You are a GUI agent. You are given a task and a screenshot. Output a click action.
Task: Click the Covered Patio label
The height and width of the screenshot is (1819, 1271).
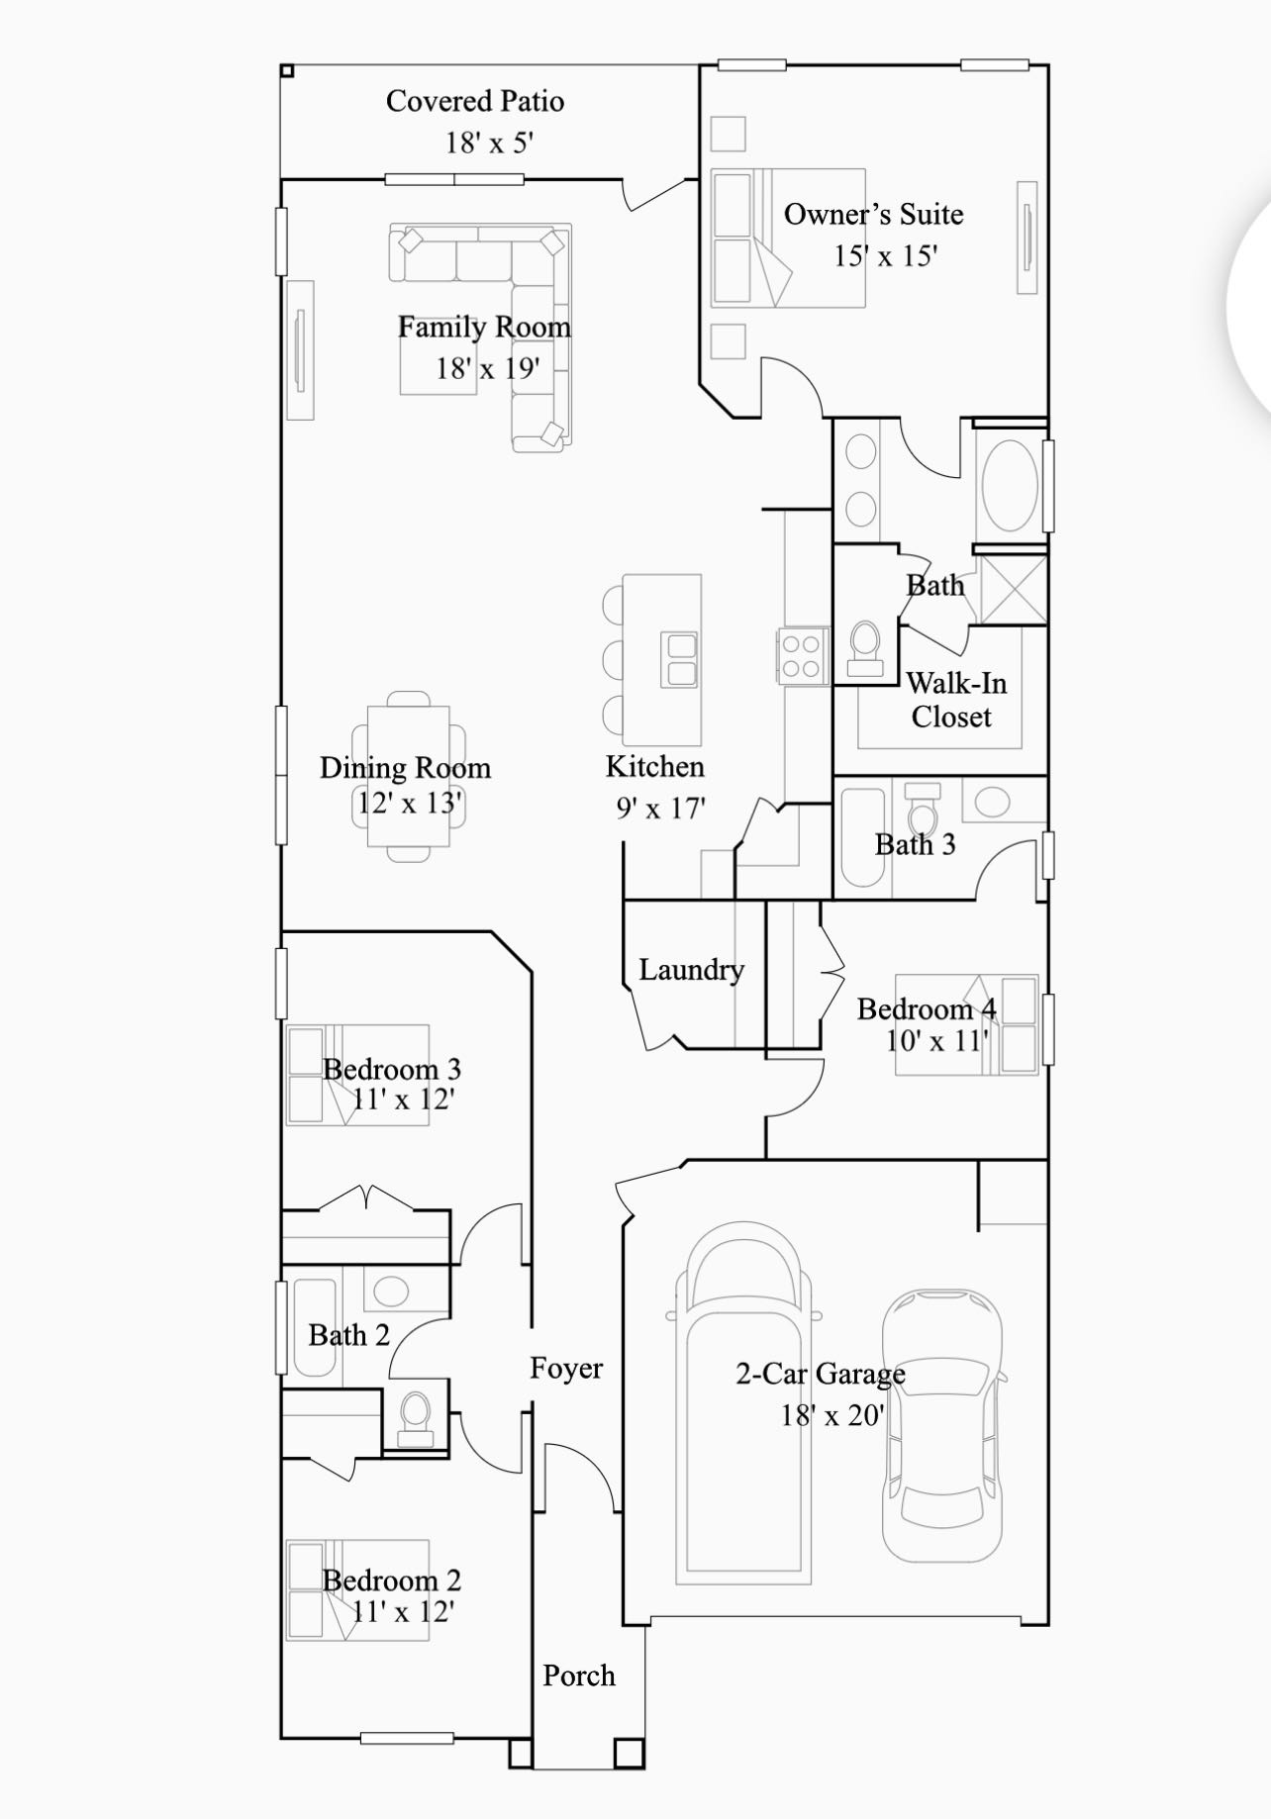(x=475, y=101)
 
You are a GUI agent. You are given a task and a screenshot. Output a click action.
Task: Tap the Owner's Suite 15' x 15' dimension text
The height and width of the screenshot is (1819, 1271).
(x=885, y=256)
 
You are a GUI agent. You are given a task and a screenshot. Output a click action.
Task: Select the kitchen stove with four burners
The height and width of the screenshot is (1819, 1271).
(x=803, y=655)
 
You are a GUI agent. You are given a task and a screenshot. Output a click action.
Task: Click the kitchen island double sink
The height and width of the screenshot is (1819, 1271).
(x=680, y=660)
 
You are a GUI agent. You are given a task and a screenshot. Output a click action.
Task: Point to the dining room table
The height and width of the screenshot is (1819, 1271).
(x=408, y=776)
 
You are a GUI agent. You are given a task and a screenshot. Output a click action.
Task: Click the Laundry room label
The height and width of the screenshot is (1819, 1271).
(x=691, y=970)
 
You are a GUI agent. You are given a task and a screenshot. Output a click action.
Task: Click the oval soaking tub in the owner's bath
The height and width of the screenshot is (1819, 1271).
(x=1009, y=485)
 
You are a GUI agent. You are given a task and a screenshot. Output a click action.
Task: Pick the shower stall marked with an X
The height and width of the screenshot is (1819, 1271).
(x=1013, y=590)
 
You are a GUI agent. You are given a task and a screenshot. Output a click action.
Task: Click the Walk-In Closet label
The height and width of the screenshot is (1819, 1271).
(x=955, y=700)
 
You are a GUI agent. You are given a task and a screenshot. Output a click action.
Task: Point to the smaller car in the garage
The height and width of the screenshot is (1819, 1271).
(x=942, y=1426)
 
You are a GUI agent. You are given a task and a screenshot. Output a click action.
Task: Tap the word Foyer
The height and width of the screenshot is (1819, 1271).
(x=566, y=1369)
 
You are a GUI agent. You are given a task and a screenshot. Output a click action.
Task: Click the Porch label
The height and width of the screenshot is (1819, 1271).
(x=579, y=1675)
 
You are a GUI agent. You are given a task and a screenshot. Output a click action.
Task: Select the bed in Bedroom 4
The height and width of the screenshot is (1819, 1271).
(x=966, y=1025)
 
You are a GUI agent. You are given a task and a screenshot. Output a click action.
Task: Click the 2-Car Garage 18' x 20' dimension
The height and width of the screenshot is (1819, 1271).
(x=831, y=1416)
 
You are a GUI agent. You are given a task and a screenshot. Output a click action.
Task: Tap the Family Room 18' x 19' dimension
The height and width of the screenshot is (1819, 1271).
(x=488, y=369)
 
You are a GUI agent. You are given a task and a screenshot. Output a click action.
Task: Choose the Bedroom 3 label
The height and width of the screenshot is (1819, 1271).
(x=392, y=1069)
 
